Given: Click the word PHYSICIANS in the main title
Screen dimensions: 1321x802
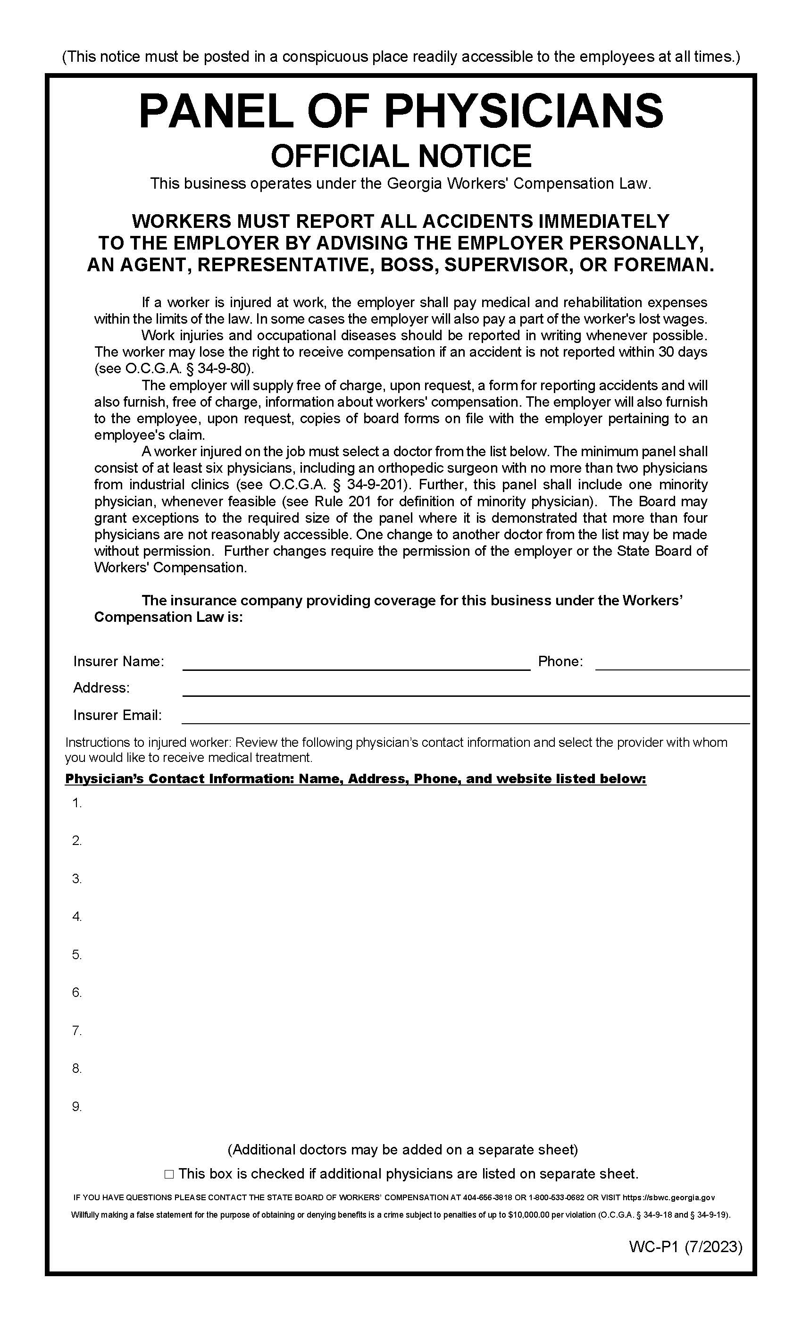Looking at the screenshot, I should [x=523, y=110].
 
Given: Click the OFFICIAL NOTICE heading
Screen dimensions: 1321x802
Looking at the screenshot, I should [x=401, y=156].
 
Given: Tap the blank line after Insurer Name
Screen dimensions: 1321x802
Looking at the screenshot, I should [x=357, y=665].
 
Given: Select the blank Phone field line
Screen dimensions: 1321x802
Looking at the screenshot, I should [x=672, y=665].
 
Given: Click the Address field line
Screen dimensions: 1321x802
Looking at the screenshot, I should [x=465, y=691].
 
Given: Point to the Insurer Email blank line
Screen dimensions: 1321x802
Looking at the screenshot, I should [x=465, y=719].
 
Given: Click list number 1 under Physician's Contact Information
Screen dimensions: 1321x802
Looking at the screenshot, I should [x=76, y=803].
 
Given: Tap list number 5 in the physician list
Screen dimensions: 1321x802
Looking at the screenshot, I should [x=76, y=955].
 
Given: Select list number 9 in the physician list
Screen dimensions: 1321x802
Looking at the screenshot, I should [x=76, y=1106].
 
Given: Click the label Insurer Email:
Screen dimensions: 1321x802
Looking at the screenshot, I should [x=117, y=715].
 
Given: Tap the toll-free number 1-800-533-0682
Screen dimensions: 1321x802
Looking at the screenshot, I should [x=557, y=1198].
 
